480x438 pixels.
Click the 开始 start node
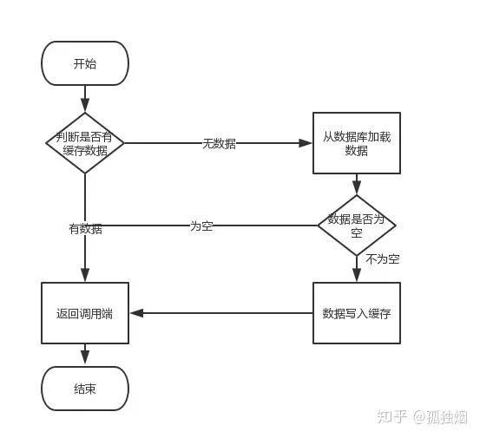pos(85,63)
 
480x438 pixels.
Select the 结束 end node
pos(85,389)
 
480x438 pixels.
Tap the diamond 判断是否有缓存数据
pos(84,143)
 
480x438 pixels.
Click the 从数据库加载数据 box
pos(356,143)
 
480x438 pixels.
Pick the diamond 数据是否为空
pos(356,225)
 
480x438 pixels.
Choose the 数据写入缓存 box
pos(356,313)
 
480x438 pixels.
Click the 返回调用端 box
pos(85,313)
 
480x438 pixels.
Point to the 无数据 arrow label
pos(219,144)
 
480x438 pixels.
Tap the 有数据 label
pos(85,229)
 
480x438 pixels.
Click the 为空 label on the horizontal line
pos(201,226)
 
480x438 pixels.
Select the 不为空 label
pos(382,259)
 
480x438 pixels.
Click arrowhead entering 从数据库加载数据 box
pos(306,143)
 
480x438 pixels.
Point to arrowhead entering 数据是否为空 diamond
pos(356,189)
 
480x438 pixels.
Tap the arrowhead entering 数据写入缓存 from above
pos(356,277)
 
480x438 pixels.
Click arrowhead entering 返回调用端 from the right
pos(135,313)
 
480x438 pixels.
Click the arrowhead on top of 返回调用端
pos(85,277)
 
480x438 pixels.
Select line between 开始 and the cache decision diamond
pos(85,99)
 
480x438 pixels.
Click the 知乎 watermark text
pos(390,416)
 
